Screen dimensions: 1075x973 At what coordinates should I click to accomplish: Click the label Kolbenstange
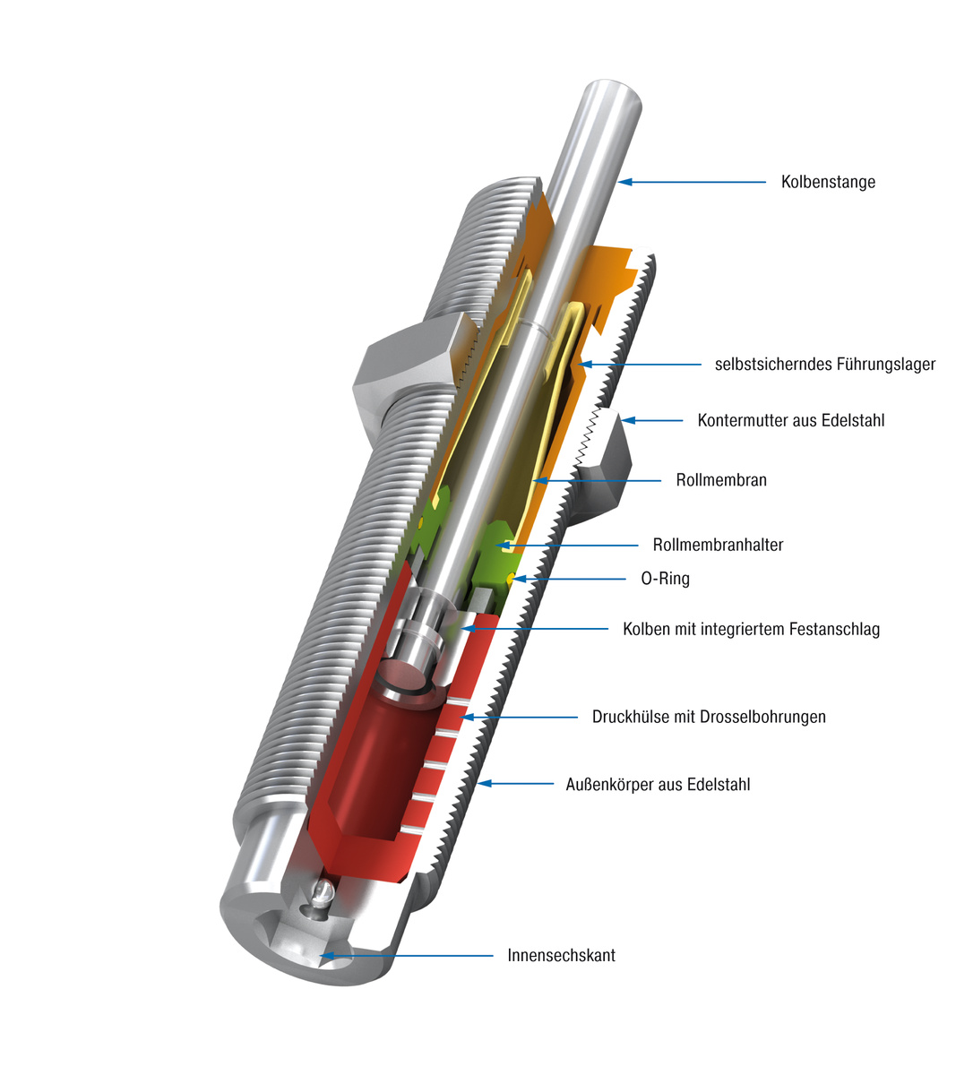827,182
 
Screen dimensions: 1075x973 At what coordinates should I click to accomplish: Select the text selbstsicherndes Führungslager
824,365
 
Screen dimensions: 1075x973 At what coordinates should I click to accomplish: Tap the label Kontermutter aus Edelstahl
790,420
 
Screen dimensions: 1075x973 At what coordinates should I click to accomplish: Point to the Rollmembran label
720,480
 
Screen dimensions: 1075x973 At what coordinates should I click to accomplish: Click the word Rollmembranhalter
718,545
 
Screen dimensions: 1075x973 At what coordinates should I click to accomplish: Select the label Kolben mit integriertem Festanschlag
751,629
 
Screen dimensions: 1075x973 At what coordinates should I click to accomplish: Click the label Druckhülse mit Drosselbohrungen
708,717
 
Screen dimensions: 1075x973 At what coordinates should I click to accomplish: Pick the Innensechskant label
561,955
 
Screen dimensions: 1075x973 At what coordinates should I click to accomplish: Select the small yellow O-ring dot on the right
509,579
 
